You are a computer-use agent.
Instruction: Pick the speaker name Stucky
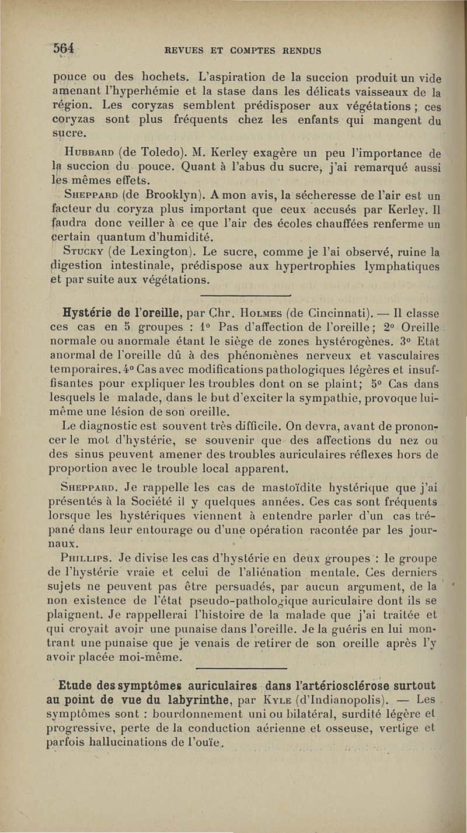84,252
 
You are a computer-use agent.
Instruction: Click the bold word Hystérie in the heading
94,307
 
